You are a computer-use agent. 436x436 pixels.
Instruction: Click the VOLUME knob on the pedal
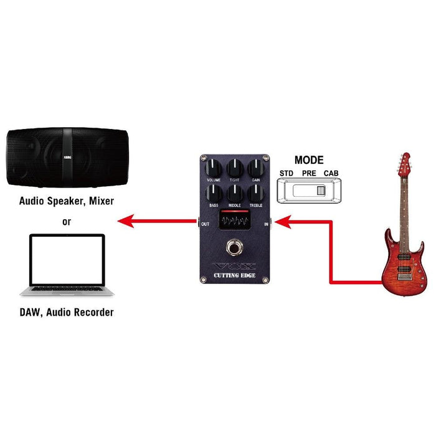(214, 167)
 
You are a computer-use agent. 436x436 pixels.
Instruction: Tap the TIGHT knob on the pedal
(235, 167)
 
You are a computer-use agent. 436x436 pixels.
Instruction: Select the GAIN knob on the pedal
(255, 167)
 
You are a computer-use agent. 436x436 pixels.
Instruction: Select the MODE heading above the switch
(309, 160)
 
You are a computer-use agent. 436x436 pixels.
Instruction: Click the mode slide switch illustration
(309, 189)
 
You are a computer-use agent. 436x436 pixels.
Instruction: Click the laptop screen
(63, 260)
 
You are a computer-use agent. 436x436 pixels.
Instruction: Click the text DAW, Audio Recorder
(67, 312)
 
